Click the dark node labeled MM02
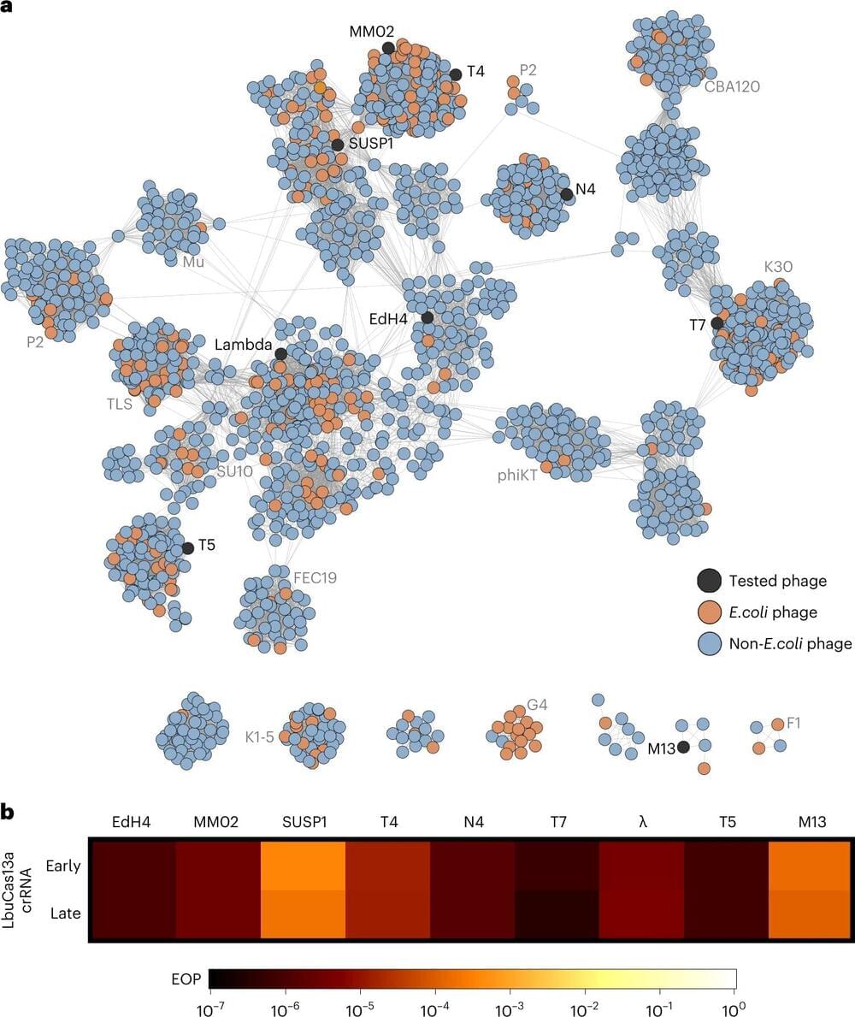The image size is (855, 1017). (388, 48)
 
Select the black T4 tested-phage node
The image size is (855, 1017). (456, 74)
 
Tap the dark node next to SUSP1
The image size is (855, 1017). (338, 145)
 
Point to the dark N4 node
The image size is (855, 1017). (566, 194)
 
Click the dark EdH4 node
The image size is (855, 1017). (427, 317)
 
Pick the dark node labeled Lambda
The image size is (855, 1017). (280, 353)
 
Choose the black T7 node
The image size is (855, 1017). (717, 323)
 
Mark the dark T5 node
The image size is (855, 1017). (187, 548)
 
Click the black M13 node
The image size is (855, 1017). (683, 748)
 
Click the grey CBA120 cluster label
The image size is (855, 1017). (733, 86)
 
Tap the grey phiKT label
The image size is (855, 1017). (518, 475)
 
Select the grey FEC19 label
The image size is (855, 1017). (315, 577)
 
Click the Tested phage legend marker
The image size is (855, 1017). (708, 581)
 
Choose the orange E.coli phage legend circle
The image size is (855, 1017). (708, 612)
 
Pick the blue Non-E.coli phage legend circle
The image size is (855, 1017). (708, 643)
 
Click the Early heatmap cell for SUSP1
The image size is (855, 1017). (303, 866)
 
